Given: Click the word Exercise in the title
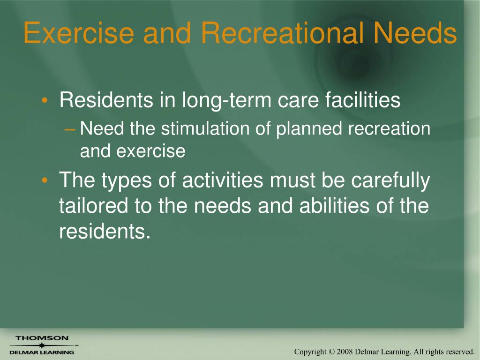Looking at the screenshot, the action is (x=79, y=32).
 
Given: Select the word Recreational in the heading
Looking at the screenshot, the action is (x=282, y=32).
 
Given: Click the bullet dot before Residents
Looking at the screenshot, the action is (x=45, y=100).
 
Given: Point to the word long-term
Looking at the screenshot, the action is (x=226, y=100).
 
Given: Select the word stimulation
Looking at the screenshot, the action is (x=205, y=128).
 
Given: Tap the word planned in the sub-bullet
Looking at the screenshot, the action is (x=308, y=129).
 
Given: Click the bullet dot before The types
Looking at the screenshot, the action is (x=45, y=180).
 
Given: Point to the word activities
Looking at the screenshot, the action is (x=223, y=180).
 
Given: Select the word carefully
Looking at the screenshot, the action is (x=390, y=180).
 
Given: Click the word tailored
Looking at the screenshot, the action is (x=93, y=205).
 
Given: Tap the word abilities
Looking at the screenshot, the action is (x=334, y=205).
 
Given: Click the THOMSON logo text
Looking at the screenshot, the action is (x=42, y=338).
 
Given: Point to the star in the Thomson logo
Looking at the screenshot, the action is (x=42, y=345).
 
